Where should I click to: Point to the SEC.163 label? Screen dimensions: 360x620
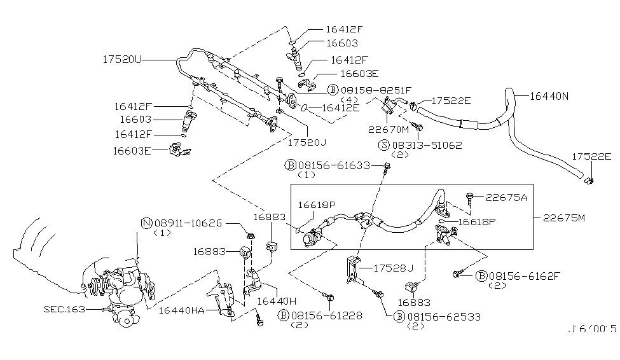tap(64, 310)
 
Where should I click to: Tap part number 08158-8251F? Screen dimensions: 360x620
tap(376, 90)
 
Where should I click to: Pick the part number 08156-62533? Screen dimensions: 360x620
tap(443, 316)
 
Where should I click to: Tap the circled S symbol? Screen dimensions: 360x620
tap(383, 145)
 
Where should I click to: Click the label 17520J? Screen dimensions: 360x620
tap(308, 143)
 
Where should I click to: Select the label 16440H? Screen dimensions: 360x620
tap(277, 300)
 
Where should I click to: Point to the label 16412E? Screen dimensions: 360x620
tap(340, 107)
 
